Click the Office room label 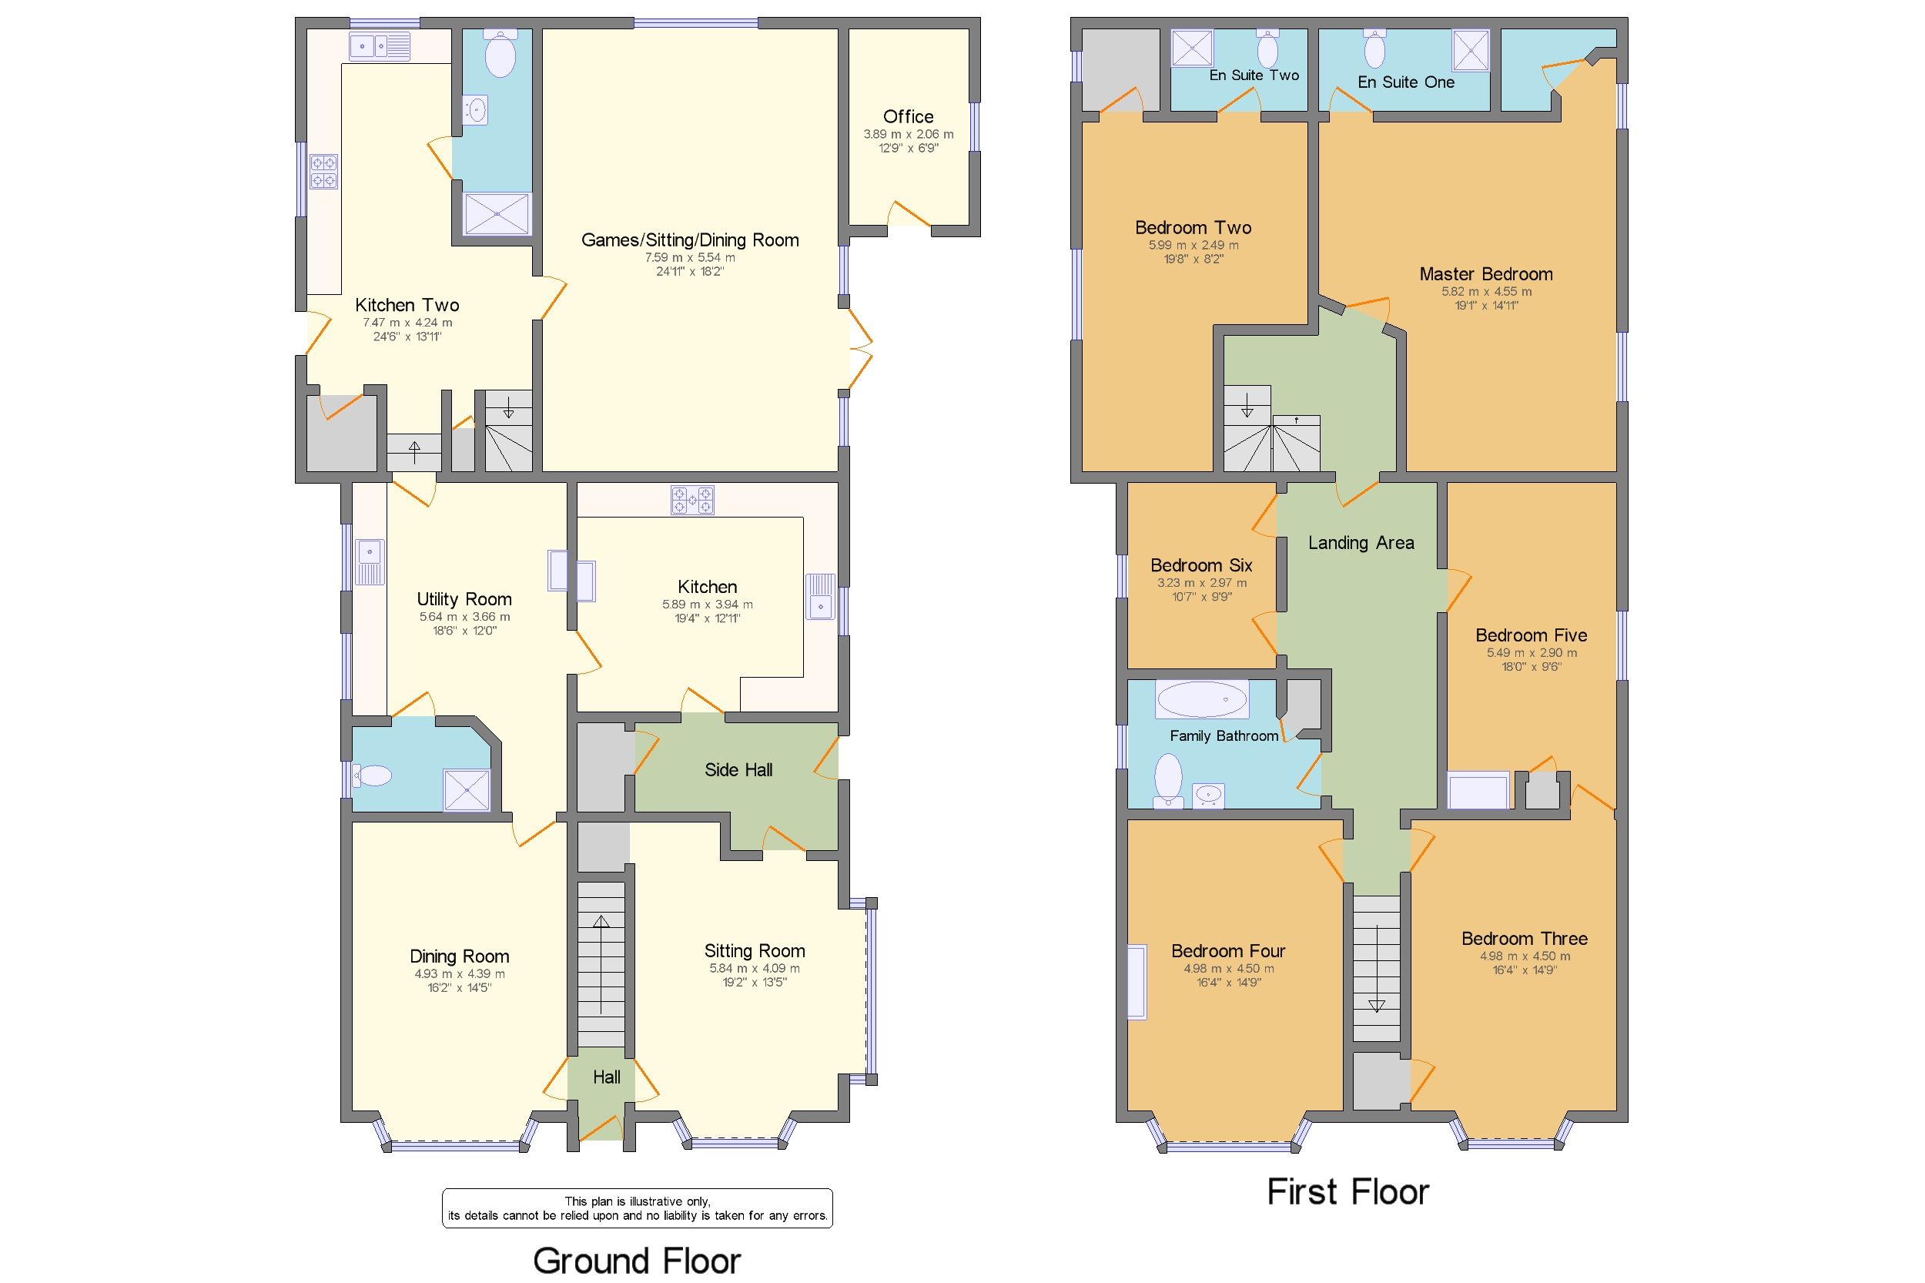[x=907, y=116]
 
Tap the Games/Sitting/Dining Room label [x=689, y=240]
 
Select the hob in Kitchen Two [x=323, y=172]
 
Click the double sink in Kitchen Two [x=379, y=47]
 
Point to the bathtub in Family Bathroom [x=1201, y=699]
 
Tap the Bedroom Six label [x=1200, y=564]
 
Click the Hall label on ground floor [x=606, y=1077]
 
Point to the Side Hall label [x=738, y=770]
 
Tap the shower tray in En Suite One [x=1469, y=51]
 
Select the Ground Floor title [x=637, y=1260]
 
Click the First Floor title [x=1347, y=1191]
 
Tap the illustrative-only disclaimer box [x=637, y=1208]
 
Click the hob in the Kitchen [x=692, y=500]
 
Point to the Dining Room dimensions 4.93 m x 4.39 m [x=459, y=973]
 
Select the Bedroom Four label [x=1227, y=951]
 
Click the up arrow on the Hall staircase [x=601, y=923]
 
